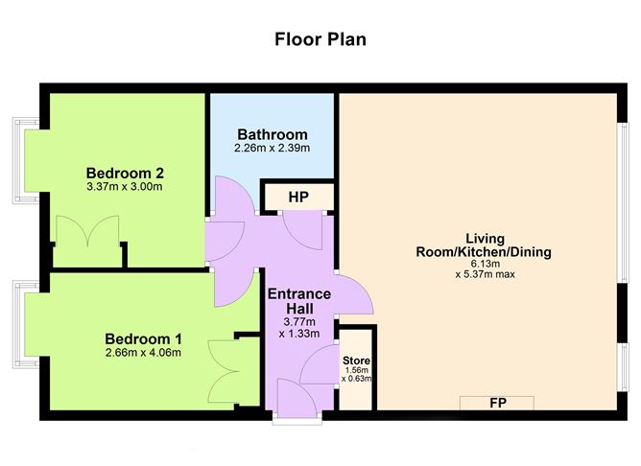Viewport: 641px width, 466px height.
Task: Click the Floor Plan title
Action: (x=320, y=39)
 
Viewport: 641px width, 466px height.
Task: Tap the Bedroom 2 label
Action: (x=125, y=174)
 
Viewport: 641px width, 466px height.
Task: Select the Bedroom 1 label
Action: (x=143, y=339)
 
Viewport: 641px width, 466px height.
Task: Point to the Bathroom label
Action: (x=273, y=134)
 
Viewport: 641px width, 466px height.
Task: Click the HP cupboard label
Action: (x=298, y=198)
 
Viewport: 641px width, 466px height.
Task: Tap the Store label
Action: (x=356, y=361)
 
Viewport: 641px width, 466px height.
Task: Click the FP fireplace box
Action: (x=497, y=403)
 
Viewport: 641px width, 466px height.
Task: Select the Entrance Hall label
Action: (x=299, y=300)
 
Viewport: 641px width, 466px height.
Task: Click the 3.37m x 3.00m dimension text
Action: (x=125, y=187)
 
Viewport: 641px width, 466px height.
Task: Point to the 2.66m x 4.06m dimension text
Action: (x=143, y=353)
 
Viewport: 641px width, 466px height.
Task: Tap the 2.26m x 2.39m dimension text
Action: (x=273, y=148)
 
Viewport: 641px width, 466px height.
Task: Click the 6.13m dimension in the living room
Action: (x=485, y=264)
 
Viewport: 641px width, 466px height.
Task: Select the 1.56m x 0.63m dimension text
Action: (x=356, y=375)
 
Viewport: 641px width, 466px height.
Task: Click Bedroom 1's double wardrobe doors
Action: (x=224, y=371)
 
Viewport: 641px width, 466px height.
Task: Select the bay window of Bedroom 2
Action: (x=26, y=161)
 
